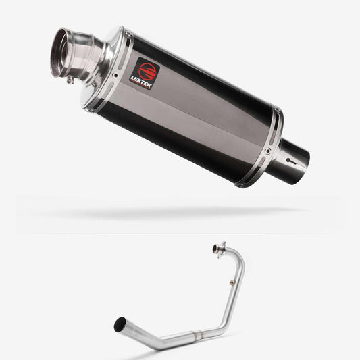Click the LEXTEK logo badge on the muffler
[144, 73]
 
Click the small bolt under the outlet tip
[70, 80]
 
